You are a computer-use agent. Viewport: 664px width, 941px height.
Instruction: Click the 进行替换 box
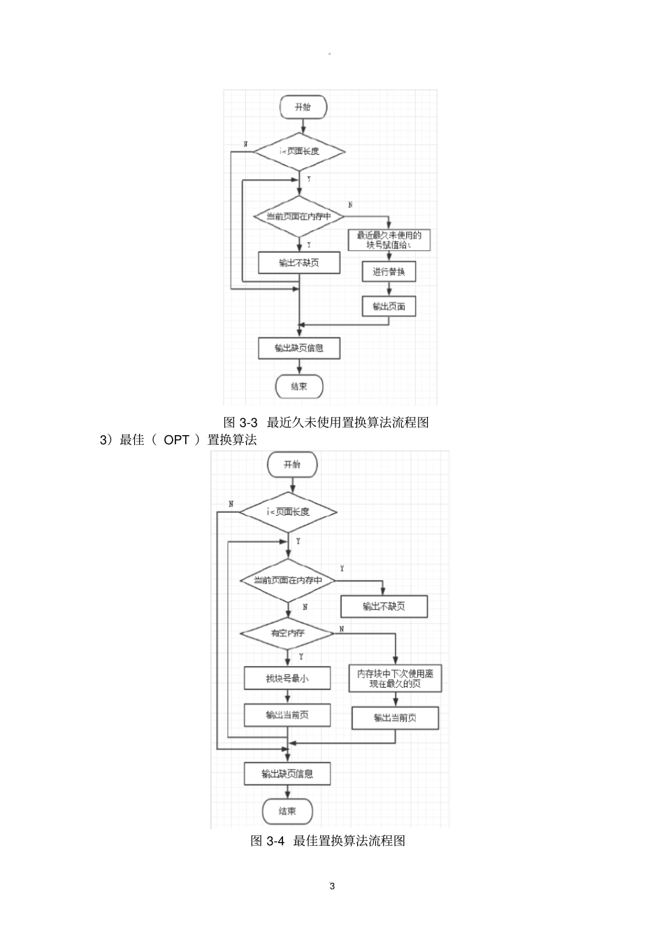pos(389,271)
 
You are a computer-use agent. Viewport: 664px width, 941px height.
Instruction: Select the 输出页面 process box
pos(389,306)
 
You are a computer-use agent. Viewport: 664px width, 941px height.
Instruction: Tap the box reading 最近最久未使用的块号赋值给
pos(389,240)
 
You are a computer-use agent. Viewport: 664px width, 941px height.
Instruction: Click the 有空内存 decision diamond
pos(287,633)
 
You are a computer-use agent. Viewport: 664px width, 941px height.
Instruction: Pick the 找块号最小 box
pos(287,678)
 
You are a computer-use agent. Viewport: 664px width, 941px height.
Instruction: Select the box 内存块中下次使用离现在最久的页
pos(395,679)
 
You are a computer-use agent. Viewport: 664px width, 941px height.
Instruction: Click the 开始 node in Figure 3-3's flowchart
pos(302,107)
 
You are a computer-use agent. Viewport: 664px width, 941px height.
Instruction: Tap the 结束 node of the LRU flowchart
pos(299,386)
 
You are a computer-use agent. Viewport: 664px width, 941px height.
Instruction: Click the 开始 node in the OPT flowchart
pos(291,465)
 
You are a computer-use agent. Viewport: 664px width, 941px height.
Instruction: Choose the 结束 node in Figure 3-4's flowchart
pos(287,811)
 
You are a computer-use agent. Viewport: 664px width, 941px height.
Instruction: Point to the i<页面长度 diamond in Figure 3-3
pos(299,151)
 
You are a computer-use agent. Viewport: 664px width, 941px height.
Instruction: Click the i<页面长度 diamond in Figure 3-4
pos(288,512)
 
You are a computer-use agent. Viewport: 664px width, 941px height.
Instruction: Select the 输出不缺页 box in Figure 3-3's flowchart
pos(299,263)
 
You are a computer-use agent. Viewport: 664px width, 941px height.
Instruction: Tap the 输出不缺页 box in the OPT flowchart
pos(384,607)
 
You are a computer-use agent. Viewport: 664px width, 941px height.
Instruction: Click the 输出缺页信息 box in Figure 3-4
pos(287,774)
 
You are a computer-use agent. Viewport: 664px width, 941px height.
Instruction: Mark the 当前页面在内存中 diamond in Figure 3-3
pos(299,217)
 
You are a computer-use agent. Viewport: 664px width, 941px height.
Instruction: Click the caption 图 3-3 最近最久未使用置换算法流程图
pos(326,423)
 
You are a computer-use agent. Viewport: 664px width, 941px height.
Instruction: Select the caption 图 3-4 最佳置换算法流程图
pos(328,841)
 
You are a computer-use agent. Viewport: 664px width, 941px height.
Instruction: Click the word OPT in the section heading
pos(176,440)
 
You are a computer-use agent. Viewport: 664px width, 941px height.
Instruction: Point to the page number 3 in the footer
pos(332,886)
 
